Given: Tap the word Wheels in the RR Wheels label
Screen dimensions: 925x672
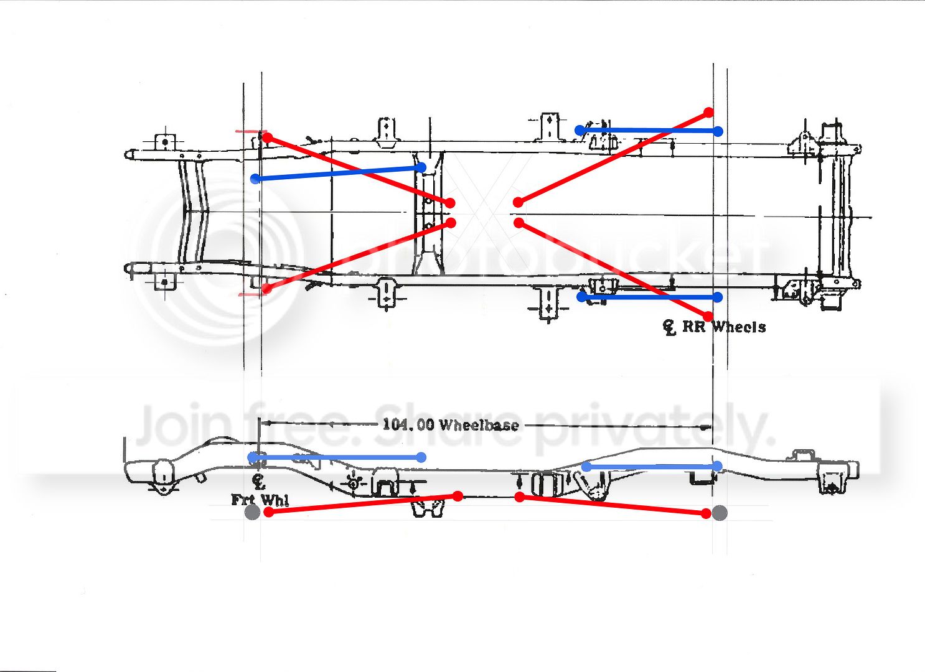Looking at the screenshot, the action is [x=739, y=327].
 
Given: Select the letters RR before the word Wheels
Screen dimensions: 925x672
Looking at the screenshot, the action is [x=693, y=327].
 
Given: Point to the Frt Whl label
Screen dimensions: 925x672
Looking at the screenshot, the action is [x=260, y=500].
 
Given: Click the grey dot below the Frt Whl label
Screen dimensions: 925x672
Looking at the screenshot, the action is [x=252, y=513].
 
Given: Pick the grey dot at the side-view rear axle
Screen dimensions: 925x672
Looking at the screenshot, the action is [x=720, y=513].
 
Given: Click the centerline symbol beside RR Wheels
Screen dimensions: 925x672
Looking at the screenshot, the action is [x=669, y=328].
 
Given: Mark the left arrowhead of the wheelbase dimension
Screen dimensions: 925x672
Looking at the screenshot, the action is [x=268, y=423].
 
